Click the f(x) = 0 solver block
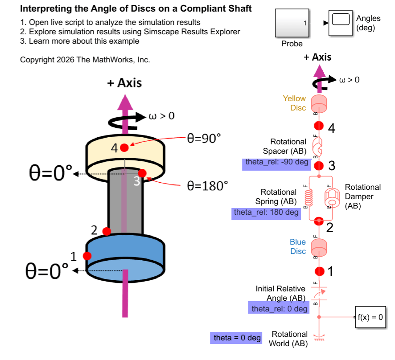[x=370, y=317]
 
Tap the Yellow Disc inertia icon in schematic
[x=319, y=103]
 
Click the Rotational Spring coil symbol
[x=307, y=196]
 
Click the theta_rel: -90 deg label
[x=276, y=162]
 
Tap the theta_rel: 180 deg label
[x=266, y=213]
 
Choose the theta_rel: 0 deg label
[x=279, y=308]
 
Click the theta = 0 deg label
[x=237, y=338]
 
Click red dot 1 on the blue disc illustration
[x=87, y=256]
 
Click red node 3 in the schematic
[x=319, y=166]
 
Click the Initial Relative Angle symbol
[x=319, y=293]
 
